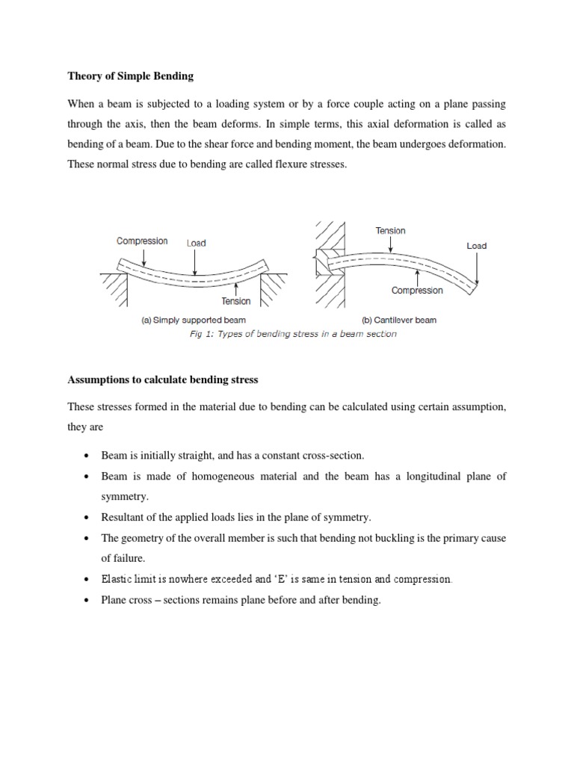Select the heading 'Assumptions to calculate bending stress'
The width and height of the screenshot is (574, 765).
click(x=162, y=380)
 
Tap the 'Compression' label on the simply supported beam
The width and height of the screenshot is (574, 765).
click(x=142, y=241)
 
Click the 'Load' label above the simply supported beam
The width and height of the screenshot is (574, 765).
click(x=196, y=243)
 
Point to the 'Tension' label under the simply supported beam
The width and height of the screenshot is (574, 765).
click(x=235, y=301)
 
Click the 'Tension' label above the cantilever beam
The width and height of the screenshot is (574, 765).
click(x=390, y=231)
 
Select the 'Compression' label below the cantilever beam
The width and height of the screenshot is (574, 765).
click(x=417, y=290)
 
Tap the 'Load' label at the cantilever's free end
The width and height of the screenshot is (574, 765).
click(x=476, y=245)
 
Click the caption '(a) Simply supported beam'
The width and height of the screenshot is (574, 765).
click(x=194, y=320)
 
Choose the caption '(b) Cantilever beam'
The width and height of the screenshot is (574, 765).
click(x=399, y=320)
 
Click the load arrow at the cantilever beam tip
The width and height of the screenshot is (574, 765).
click(x=476, y=267)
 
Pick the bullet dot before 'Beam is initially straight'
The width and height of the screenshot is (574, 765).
click(x=88, y=456)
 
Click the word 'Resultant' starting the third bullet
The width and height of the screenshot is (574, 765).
click(x=125, y=518)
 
